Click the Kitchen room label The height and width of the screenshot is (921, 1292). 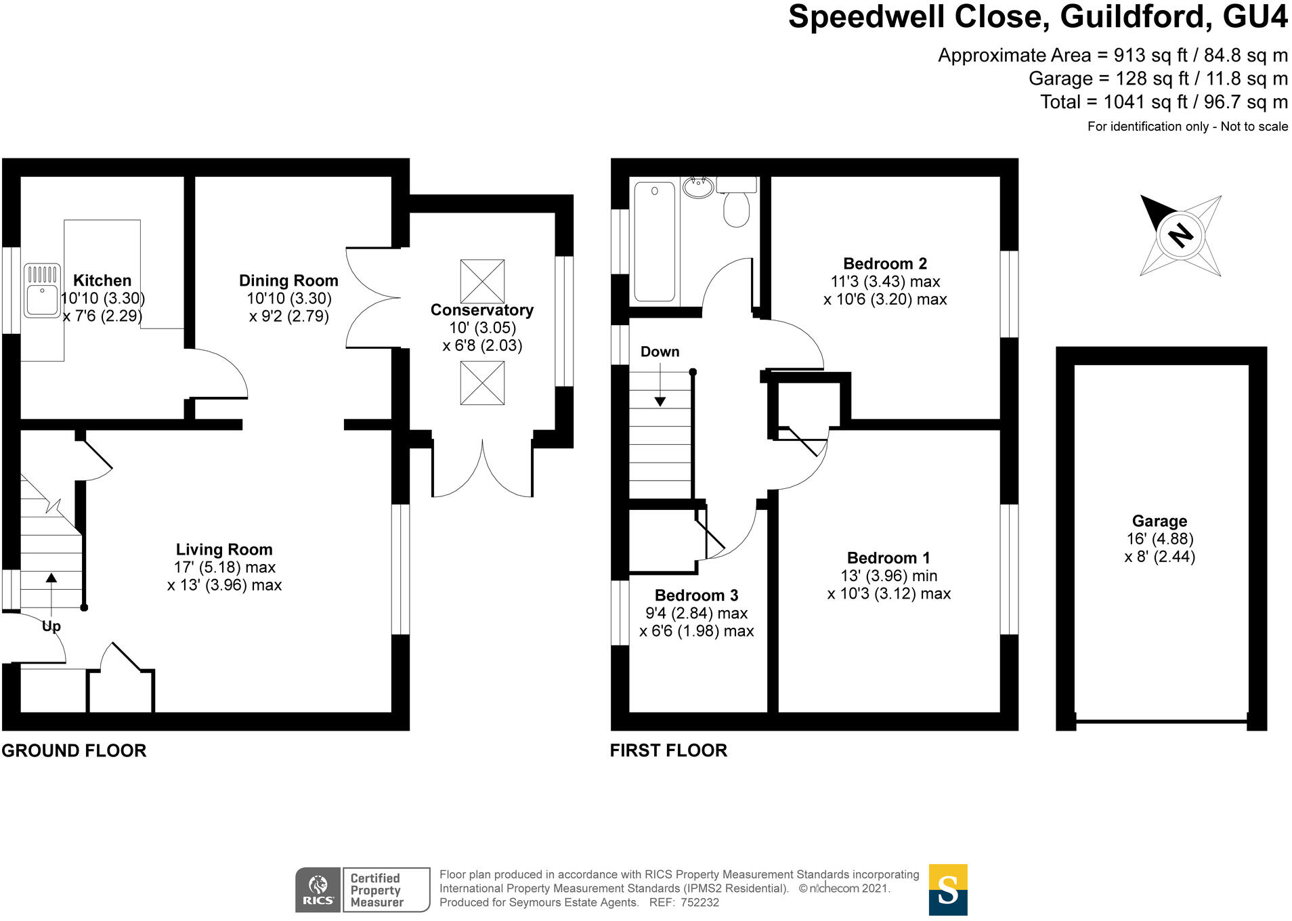102,280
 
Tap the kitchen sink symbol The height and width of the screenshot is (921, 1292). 42,291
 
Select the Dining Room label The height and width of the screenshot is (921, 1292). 288,280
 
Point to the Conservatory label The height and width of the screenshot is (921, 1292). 482,310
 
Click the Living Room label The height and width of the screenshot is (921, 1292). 224,550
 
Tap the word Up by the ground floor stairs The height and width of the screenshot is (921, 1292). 51,626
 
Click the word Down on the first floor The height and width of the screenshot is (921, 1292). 660,352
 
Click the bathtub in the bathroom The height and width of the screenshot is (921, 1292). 655,241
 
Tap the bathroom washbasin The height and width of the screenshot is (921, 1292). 698,186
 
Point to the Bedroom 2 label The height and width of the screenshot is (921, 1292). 885,264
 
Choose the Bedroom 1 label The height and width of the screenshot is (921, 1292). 888,558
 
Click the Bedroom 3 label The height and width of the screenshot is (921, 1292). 696,596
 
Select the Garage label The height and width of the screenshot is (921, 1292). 1159,521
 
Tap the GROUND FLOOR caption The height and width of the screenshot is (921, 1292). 74,751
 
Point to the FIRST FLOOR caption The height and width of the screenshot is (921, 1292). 668,751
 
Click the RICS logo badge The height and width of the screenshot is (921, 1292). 318,890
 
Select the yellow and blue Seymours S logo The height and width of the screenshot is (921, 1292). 948,890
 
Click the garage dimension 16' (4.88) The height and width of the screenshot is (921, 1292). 1159,539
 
